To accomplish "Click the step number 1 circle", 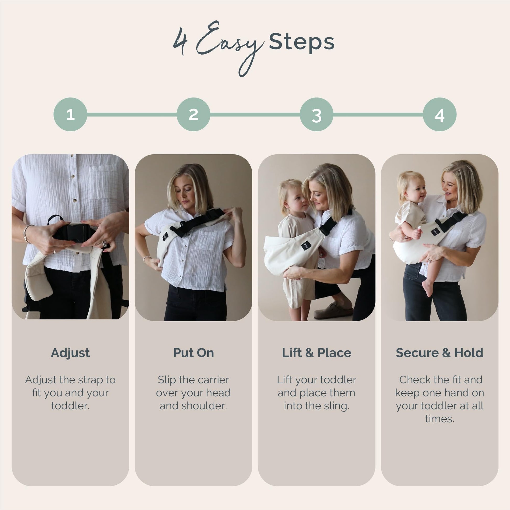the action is coord(70,114).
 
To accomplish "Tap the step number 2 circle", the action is coord(193,114).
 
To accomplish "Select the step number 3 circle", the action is coord(317,114).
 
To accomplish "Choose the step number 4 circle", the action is coord(440,114).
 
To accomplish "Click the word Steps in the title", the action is coord(302,42).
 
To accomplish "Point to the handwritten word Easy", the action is coord(230,47).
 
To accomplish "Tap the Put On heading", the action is coord(193,353).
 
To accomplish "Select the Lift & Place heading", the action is coord(317,353).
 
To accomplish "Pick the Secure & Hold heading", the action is coord(440,353).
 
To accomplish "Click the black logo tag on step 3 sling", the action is coord(306,245).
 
